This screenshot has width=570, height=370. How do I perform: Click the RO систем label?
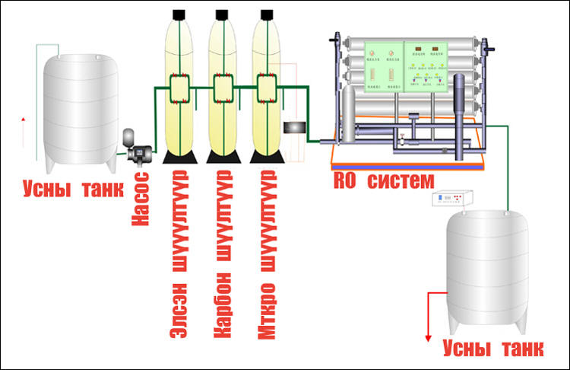point(384,181)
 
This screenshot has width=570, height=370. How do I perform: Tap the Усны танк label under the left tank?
point(73,188)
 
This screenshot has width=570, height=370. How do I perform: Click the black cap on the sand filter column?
point(179,14)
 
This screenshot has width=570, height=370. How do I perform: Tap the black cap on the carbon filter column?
point(222,14)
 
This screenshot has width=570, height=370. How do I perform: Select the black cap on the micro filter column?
point(266,14)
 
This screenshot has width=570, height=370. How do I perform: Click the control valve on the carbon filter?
point(222,89)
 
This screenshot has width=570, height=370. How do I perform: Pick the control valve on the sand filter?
point(179,89)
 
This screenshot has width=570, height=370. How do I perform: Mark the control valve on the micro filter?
point(266,89)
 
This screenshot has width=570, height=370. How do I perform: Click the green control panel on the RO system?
point(404,67)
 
